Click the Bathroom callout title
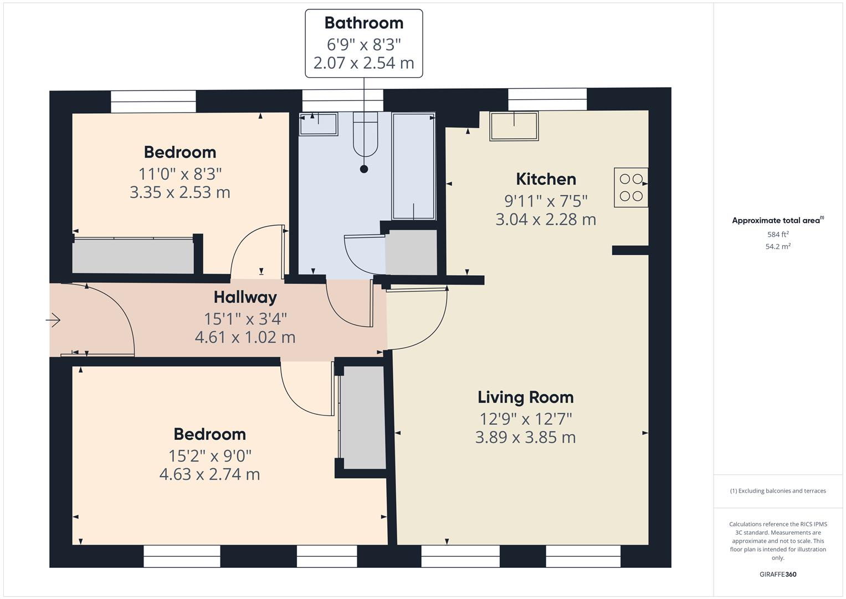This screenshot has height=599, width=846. [363, 23]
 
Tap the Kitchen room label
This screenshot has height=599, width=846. [546, 179]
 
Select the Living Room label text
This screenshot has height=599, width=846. [525, 397]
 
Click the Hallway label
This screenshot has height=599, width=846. [245, 297]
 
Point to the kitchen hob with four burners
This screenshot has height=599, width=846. [631, 187]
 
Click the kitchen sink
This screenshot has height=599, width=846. [514, 126]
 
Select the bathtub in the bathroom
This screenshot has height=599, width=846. [413, 166]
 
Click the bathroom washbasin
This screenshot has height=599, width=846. [319, 124]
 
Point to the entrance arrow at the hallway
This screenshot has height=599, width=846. [53, 320]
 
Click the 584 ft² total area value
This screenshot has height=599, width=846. [778, 235]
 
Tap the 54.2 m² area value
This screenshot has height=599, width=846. [778, 247]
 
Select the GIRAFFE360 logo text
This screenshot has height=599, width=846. [778, 574]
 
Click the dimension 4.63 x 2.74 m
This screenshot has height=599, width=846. [209, 475]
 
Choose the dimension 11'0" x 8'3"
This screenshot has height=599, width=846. [180, 174]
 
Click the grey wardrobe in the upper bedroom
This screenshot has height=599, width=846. [133, 256]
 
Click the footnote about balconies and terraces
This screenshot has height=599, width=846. [778, 491]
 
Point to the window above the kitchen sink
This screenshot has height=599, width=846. [547, 100]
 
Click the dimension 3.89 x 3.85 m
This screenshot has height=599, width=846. [525, 438]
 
